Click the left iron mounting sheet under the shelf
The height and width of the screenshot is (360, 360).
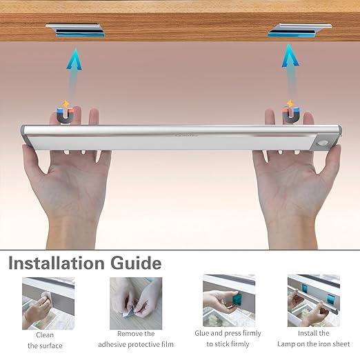coord(75,30)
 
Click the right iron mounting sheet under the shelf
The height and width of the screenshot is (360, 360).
coord(299,30)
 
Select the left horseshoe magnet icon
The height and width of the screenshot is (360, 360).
coord(66,114)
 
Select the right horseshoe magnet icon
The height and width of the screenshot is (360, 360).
coord(291,113)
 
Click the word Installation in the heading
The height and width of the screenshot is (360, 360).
coord(57,263)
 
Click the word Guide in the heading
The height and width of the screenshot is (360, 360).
coord(136,263)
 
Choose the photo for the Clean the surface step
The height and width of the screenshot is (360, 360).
coord(48,303)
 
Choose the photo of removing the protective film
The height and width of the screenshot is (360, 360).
coord(136,303)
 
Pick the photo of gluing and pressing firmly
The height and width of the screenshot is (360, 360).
coord(229,301)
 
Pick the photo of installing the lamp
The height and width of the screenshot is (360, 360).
coord(314,301)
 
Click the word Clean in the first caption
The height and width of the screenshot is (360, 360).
coord(45,335)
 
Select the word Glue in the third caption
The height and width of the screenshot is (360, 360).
coord(201,333)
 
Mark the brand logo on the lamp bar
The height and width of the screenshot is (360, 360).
coord(186,135)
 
